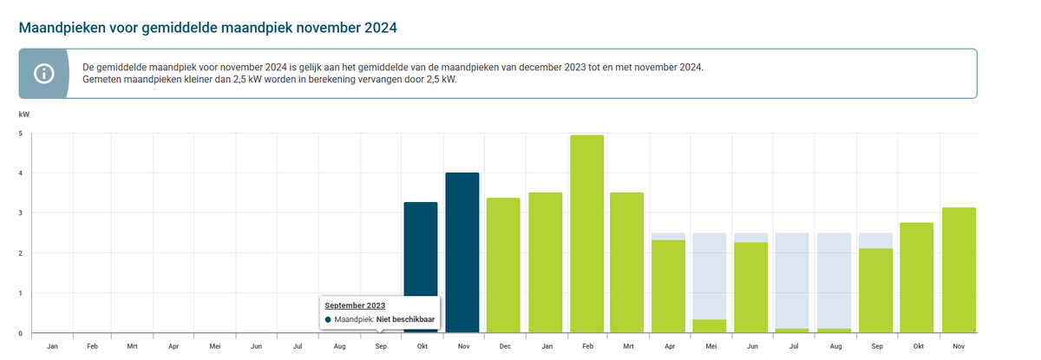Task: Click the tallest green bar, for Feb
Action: click(586, 234)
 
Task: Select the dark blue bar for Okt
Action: click(421, 267)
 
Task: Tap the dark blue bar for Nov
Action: click(462, 252)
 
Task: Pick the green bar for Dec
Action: click(503, 265)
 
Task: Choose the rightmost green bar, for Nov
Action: click(959, 270)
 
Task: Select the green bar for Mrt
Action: click(627, 263)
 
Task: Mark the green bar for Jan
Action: click(545, 263)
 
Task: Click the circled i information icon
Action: click(43, 74)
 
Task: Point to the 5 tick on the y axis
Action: click(21, 133)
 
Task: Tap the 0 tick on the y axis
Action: click(21, 333)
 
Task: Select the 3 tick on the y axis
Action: click(21, 213)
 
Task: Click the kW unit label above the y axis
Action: click(23, 114)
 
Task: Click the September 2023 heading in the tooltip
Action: click(354, 305)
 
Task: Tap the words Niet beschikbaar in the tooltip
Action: click(406, 320)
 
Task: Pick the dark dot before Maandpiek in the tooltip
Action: click(328, 320)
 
